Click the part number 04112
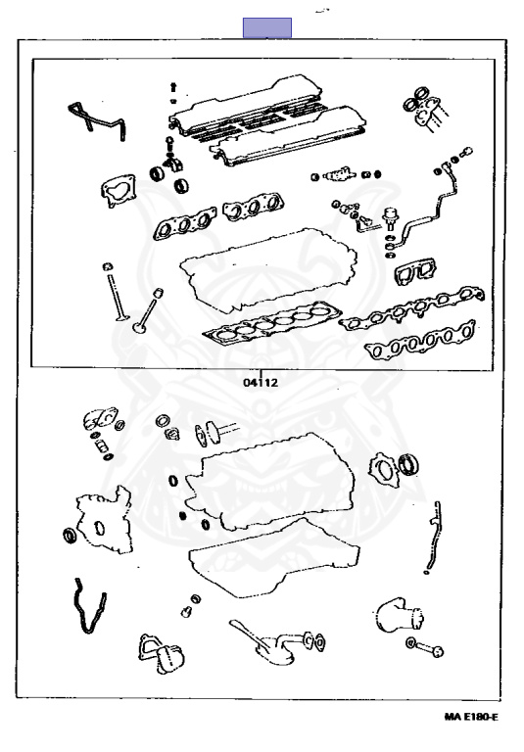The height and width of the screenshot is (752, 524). coord(261,383)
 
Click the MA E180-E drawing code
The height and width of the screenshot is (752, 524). coord(471,718)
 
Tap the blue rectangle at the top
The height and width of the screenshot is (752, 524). coord(266,27)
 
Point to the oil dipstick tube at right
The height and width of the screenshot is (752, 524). coord(432,538)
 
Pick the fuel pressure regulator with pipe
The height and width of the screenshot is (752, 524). coord(422,207)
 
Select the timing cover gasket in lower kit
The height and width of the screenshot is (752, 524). coord(104,520)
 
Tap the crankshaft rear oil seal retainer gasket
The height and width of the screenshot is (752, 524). coord(383,470)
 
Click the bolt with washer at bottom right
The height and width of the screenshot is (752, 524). coord(425,647)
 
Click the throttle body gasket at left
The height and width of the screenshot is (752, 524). coord(119,190)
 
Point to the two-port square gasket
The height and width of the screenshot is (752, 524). coord(414,271)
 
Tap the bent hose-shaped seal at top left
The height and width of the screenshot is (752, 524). coord(96,121)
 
